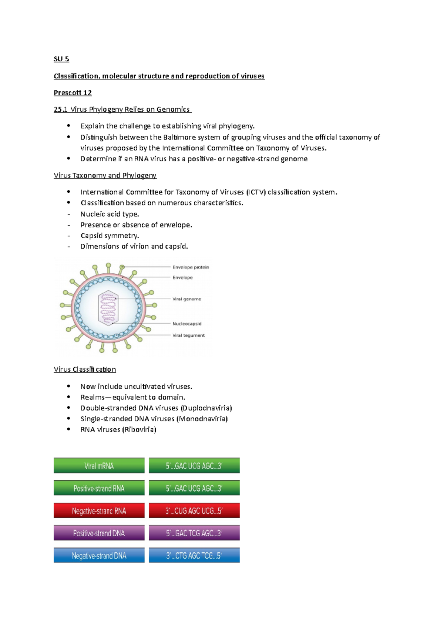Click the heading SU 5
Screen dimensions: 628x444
(61, 59)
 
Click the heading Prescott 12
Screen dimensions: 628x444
(73, 93)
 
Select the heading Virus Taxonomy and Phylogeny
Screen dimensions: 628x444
(105, 176)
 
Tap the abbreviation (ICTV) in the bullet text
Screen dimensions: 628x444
(256, 192)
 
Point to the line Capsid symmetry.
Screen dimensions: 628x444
(110, 236)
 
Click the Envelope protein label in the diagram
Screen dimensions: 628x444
(191, 267)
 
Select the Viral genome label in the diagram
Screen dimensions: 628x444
(187, 299)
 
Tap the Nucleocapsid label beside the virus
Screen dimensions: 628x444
(187, 324)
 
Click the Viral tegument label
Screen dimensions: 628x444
(188, 335)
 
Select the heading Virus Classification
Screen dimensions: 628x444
(85, 369)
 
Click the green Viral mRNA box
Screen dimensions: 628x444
(99, 466)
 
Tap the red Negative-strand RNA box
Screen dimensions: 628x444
(99, 511)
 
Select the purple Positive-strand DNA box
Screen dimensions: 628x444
(99, 533)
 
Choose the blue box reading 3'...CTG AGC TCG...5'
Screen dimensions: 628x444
(194, 556)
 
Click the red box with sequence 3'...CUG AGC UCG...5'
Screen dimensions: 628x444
(194, 511)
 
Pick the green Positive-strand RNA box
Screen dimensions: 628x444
(99, 488)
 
